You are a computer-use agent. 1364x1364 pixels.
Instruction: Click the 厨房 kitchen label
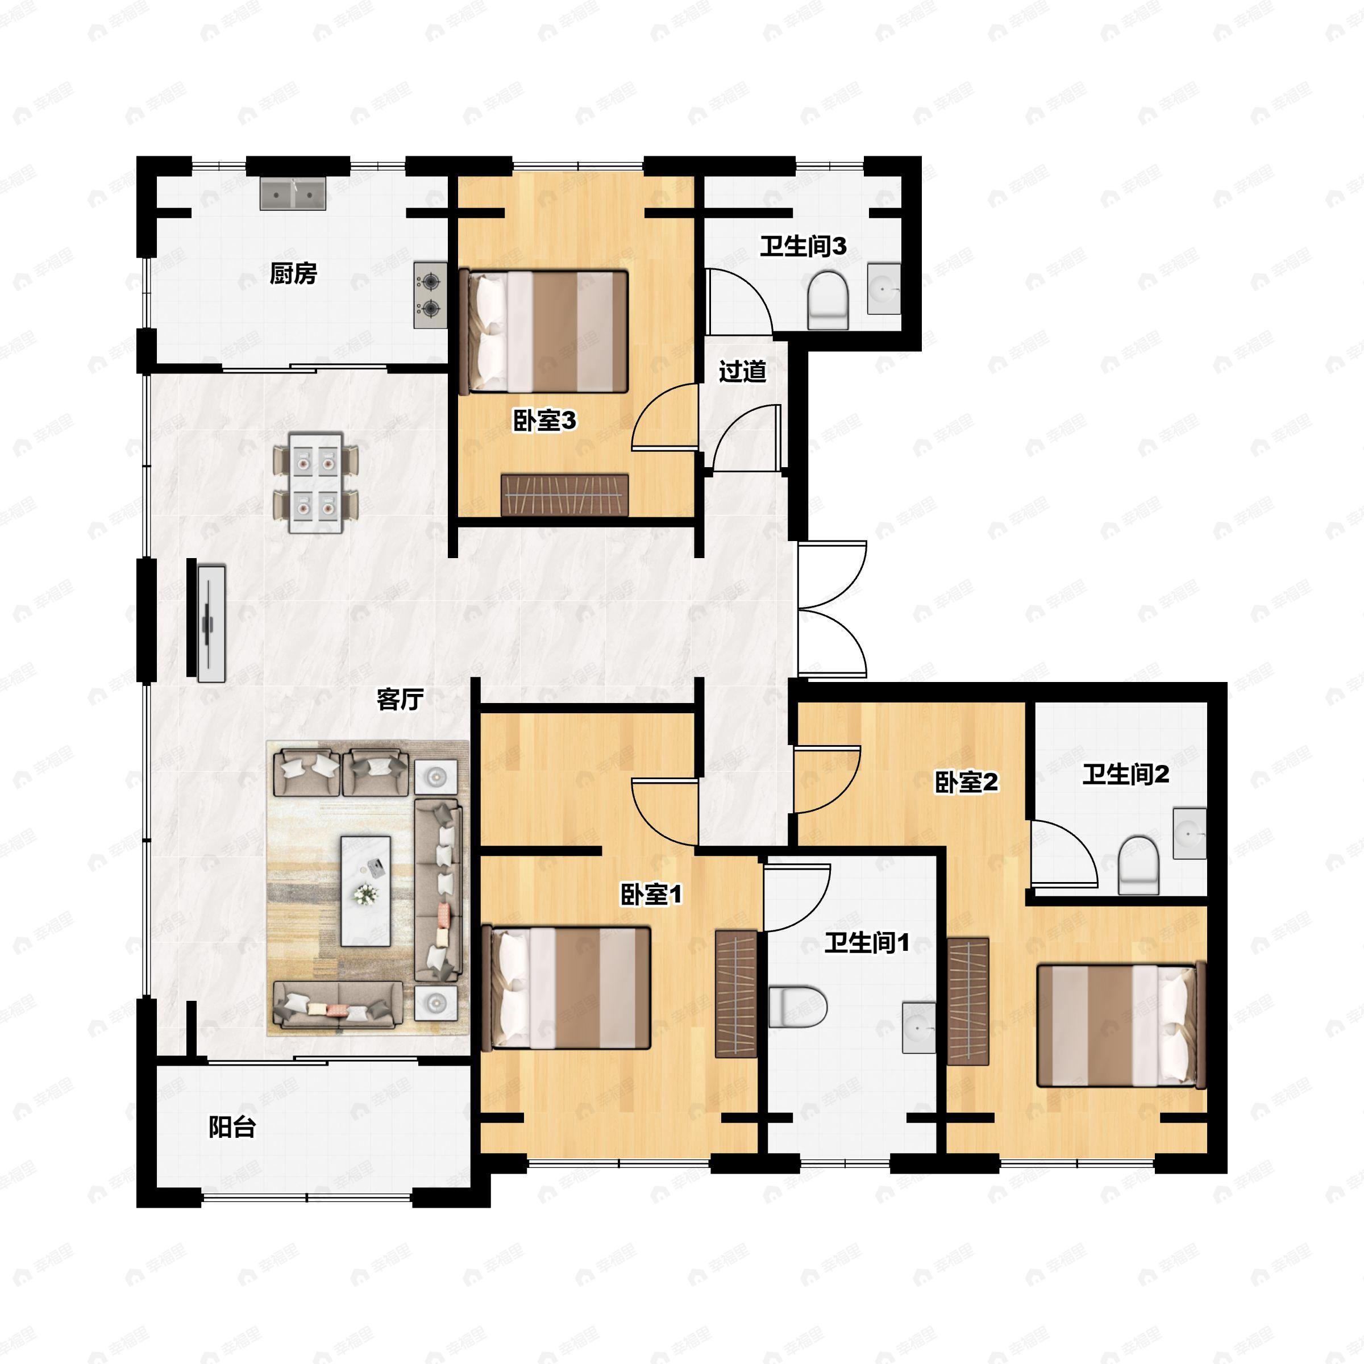[293, 273]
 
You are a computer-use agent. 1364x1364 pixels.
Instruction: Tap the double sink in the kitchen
[293, 193]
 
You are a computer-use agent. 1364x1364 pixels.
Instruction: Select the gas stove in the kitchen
[430, 295]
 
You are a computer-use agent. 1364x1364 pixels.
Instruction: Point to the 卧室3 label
[544, 421]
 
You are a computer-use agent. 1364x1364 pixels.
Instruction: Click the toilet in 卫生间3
[827, 301]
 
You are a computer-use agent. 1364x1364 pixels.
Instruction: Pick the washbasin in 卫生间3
[883, 289]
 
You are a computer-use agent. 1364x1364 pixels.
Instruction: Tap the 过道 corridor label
[742, 371]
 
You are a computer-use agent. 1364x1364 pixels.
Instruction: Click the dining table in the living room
[315, 484]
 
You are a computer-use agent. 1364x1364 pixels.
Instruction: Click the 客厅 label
[400, 699]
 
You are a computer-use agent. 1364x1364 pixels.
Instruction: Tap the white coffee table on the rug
[365, 892]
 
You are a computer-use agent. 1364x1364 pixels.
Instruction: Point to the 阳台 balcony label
[231, 1128]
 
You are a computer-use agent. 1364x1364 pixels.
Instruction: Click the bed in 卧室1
[565, 988]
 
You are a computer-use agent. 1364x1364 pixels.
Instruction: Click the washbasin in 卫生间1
[919, 1026]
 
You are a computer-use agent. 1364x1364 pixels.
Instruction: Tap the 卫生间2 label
[1125, 775]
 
